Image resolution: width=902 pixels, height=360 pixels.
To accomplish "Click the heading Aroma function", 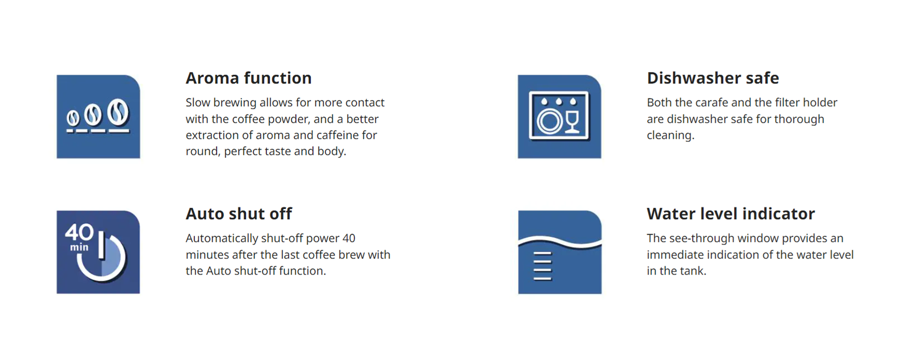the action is click(249, 78).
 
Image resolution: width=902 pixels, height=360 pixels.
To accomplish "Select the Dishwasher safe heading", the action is click(713, 78).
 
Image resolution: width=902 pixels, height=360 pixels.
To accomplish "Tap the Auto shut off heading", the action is click(239, 214).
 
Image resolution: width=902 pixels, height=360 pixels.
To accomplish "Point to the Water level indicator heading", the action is click(731, 214).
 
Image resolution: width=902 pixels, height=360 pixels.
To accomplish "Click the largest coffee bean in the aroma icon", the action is click(119, 112).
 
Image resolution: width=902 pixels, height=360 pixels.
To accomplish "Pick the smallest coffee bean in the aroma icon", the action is click(74, 118).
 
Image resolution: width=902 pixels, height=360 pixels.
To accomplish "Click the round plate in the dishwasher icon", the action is click(549, 122).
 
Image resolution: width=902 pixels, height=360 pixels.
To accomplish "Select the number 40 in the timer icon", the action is click(79, 232).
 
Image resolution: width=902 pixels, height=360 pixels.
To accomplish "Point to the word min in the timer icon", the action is click(79, 248).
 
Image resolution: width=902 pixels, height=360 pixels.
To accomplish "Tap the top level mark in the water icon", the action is click(542, 254).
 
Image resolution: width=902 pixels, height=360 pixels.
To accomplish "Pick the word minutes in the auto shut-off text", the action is click(206, 255).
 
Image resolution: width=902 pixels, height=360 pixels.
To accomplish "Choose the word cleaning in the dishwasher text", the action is click(670, 136).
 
